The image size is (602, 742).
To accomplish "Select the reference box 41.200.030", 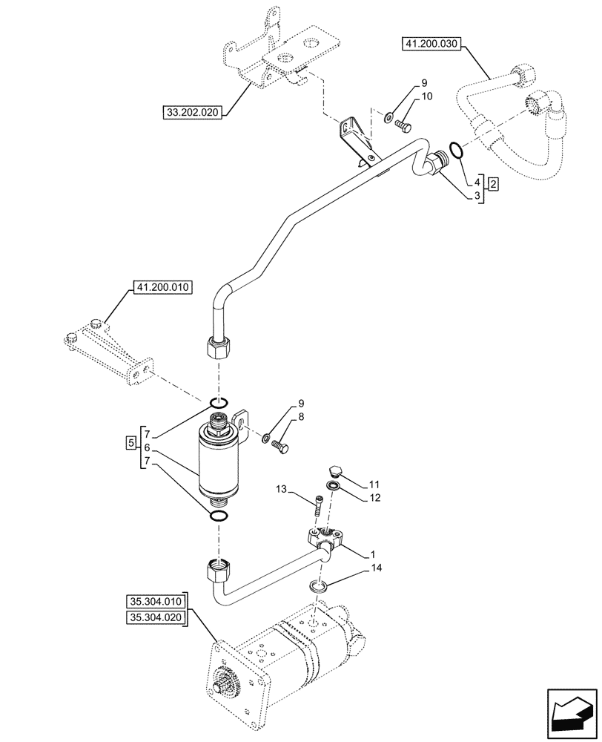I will (431, 45).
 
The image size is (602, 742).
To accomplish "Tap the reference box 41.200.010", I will (162, 286).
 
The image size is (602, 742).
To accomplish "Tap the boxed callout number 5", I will (131, 443).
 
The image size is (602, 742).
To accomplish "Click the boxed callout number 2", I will (493, 183).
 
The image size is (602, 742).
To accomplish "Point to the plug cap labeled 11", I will (334, 471).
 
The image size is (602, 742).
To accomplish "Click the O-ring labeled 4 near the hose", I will (457, 151).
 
